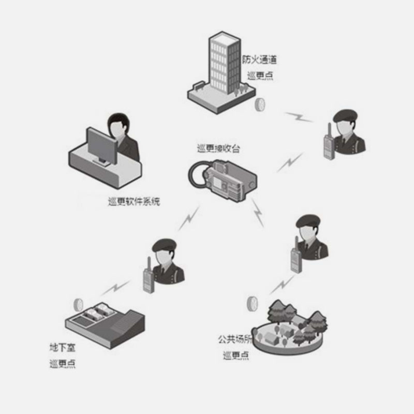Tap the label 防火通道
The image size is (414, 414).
(259, 59)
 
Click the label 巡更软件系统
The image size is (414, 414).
(134, 201)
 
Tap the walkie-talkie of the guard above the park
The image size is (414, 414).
(295, 257)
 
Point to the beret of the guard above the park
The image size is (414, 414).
(309, 220)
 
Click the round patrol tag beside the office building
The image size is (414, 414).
(260, 105)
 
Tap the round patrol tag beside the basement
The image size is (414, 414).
(79, 304)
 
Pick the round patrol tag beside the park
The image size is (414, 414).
(254, 302)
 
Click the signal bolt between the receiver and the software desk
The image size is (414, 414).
(189, 217)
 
